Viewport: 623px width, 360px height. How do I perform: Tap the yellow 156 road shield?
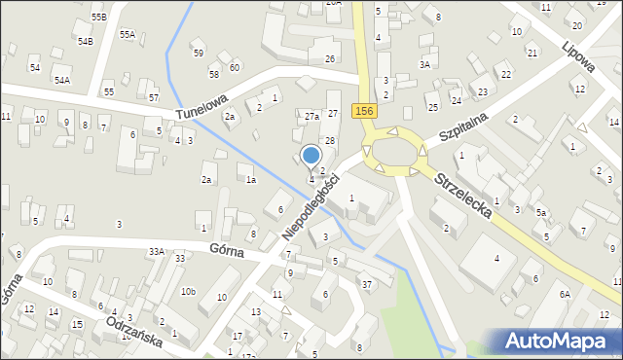pyautogui.click(x=364, y=112)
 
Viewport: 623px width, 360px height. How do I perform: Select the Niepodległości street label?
pyautogui.click(x=311, y=208)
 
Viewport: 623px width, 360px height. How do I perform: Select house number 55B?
pyautogui.click(x=98, y=18)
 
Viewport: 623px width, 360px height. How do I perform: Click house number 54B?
pyautogui.click(x=85, y=42)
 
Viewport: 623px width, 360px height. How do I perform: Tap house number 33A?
pyautogui.click(x=156, y=252)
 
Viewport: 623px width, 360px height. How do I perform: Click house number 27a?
pyautogui.click(x=311, y=117)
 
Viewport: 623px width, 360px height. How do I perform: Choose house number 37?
pyautogui.click(x=367, y=284)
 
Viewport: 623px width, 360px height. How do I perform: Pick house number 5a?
pyautogui.click(x=542, y=212)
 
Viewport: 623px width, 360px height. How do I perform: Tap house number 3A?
pyautogui.click(x=424, y=64)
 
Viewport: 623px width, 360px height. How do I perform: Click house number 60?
pyautogui.click(x=235, y=67)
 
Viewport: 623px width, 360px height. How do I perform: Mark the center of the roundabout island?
pyautogui.click(x=394, y=152)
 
